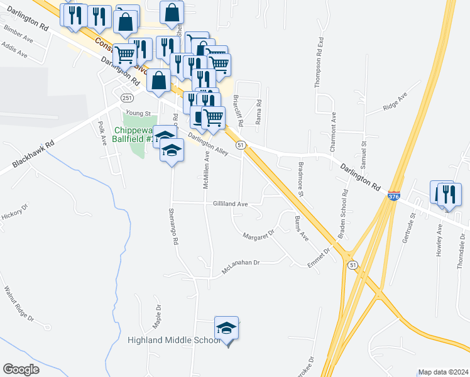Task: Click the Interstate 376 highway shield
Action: pyautogui.click(x=394, y=197)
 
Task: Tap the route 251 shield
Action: pyautogui.click(x=127, y=98)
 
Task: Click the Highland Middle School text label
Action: pyautogui.click(x=174, y=340)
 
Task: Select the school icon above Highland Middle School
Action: pyautogui.click(x=227, y=328)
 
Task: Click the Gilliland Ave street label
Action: pyautogui.click(x=231, y=204)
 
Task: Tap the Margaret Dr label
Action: pyautogui.click(x=259, y=235)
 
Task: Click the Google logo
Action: pyautogui.click(x=21, y=369)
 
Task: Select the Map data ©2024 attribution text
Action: pyautogui.click(x=442, y=372)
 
